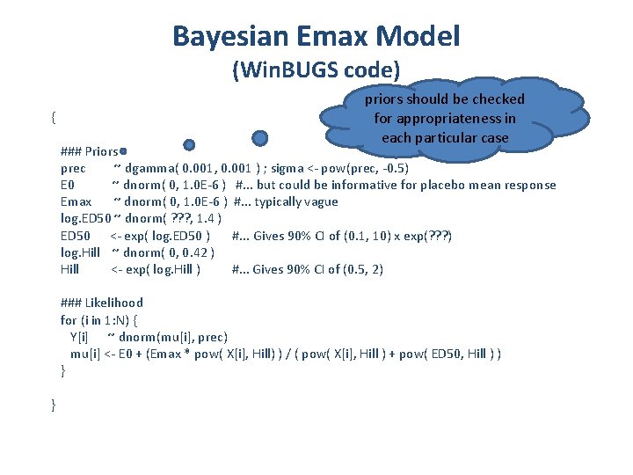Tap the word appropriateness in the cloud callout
pos(445,118)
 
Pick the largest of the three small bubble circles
pos(259,138)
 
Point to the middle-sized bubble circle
pos(189,144)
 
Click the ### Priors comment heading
pos(90,151)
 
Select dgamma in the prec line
pos(149,168)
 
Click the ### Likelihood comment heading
pos(101,303)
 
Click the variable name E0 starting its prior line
pos(68,185)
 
